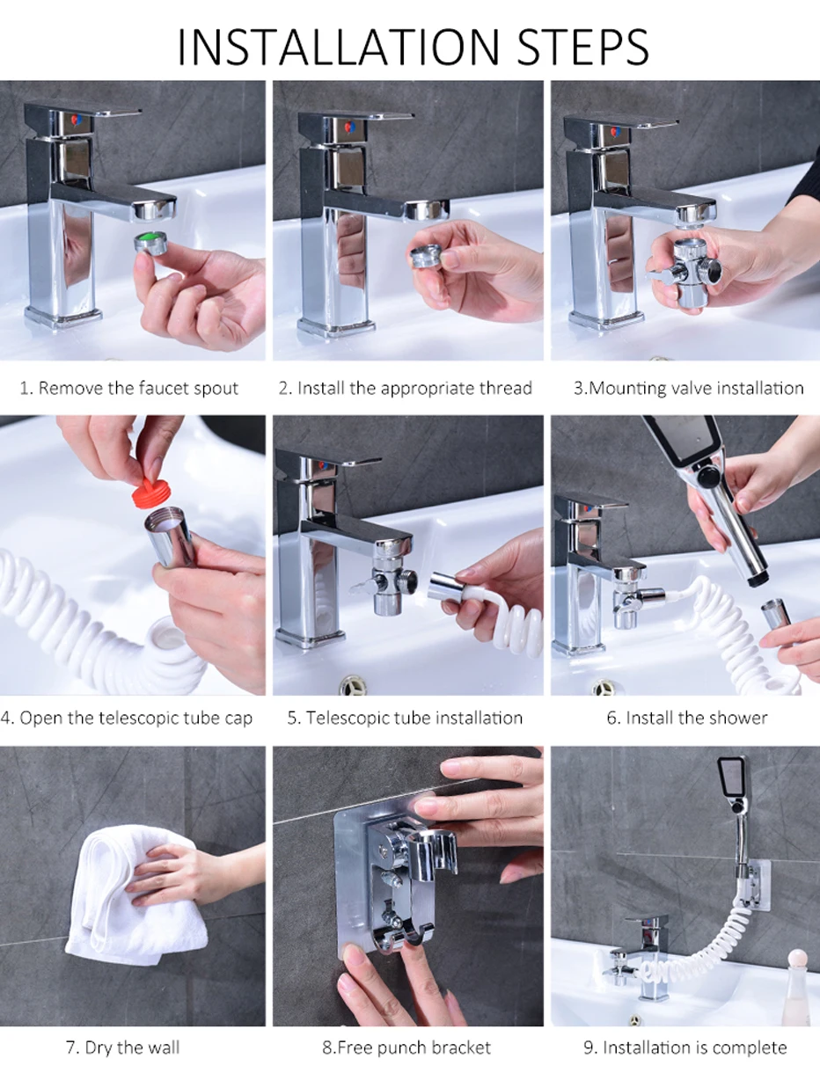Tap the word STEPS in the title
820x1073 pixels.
(582, 47)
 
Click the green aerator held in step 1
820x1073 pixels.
(151, 244)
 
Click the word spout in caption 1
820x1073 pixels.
(216, 389)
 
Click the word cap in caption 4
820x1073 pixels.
(238, 719)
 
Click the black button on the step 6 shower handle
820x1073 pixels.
(708, 475)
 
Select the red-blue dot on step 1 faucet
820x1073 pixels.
(76, 120)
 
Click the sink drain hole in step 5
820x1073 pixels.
(352, 685)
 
